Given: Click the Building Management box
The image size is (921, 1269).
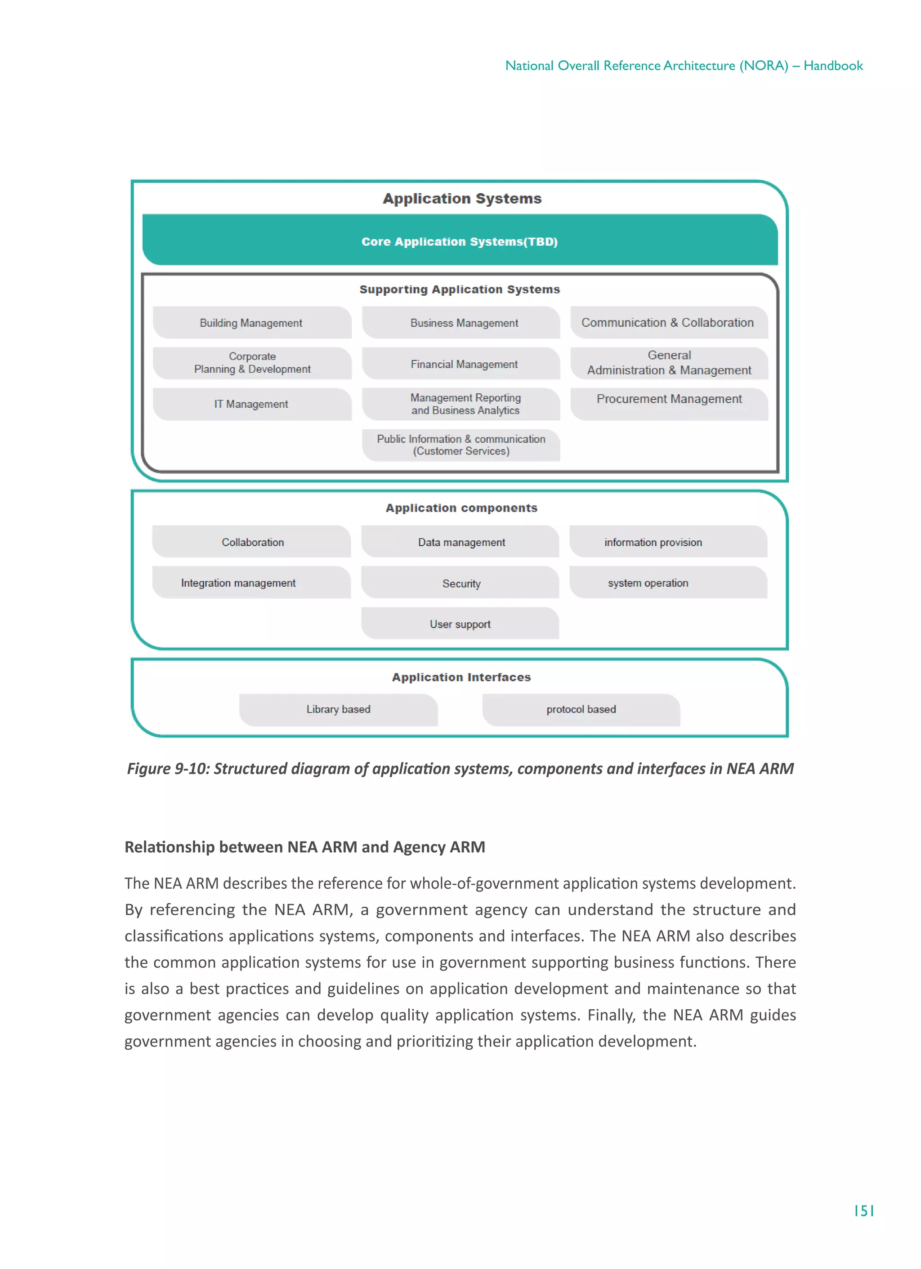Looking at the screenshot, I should coord(251,323).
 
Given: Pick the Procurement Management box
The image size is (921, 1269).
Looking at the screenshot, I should coord(669,403).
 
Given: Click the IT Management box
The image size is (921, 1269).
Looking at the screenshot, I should coord(251,404).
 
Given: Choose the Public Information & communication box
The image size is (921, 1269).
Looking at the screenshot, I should coord(461,445).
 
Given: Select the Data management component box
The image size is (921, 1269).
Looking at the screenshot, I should coord(461,542).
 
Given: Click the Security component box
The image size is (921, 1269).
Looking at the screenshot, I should coord(461,583).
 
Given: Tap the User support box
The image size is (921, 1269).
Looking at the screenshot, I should coord(460,624).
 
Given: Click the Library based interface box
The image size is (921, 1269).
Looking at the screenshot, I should coord(338,709).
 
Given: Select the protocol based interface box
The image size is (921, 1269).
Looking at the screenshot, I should coord(581,709).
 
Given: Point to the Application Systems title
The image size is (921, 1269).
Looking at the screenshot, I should coord(462,199).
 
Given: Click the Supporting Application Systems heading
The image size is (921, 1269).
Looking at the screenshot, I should coord(459,289).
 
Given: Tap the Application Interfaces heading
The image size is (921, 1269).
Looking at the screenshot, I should coord(461,677).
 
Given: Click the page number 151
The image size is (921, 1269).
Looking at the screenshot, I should coord(863,1211).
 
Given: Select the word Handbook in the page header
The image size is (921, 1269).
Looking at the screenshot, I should coord(833,66).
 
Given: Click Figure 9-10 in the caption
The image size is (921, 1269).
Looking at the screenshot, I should coord(167,769).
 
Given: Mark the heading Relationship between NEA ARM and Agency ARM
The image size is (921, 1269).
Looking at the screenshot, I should coord(304,847).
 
